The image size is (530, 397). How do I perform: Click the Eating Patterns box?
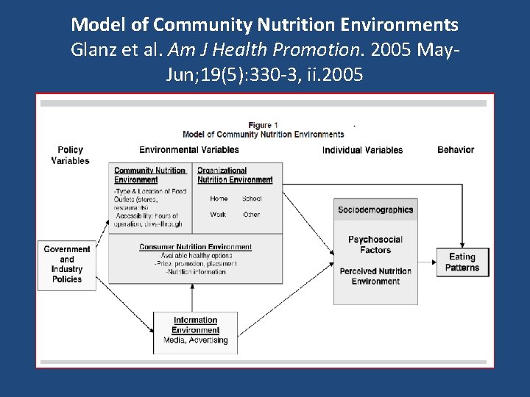(x=462, y=262)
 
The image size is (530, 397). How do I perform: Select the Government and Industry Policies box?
(x=67, y=265)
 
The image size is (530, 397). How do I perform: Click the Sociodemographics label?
(x=375, y=210)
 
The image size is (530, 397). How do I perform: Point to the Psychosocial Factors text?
(x=375, y=245)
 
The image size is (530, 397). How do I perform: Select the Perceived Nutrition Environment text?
(x=375, y=276)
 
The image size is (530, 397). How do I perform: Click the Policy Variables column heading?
(x=71, y=155)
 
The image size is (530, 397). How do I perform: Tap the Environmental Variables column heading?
(x=189, y=150)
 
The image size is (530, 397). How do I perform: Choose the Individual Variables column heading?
(x=362, y=150)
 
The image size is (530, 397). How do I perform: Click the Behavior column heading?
(x=456, y=150)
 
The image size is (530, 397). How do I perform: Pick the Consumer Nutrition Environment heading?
(x=196, y=247)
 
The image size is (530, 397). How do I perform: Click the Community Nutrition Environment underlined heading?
(x=149, y=175)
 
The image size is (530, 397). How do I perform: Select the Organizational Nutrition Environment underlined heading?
(x=235, y=175)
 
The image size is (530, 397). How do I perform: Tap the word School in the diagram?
(x=252, y=198)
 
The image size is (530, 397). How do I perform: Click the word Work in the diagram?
(x=218, y=215)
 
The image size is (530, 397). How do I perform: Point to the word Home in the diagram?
(x=219, y=198)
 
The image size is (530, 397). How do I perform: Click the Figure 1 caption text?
(x=263, y=126)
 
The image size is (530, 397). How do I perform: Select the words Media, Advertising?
(x=195, y=340)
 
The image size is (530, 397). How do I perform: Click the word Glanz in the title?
(x=92, y=51)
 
